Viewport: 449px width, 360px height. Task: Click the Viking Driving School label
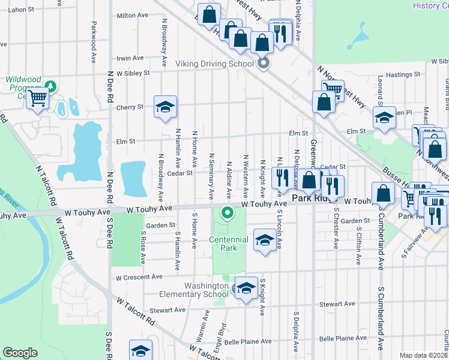pos(214,64)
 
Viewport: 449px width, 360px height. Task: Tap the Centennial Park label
pos(228,244)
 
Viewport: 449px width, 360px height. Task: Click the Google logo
pos(20,352)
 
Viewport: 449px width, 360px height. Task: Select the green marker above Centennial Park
pos(228,212)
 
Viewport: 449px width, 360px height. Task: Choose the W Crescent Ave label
pos(139,277)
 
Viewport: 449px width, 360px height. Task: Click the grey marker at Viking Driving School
pos(262,63)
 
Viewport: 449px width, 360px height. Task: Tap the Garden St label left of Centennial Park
pos(163,226)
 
